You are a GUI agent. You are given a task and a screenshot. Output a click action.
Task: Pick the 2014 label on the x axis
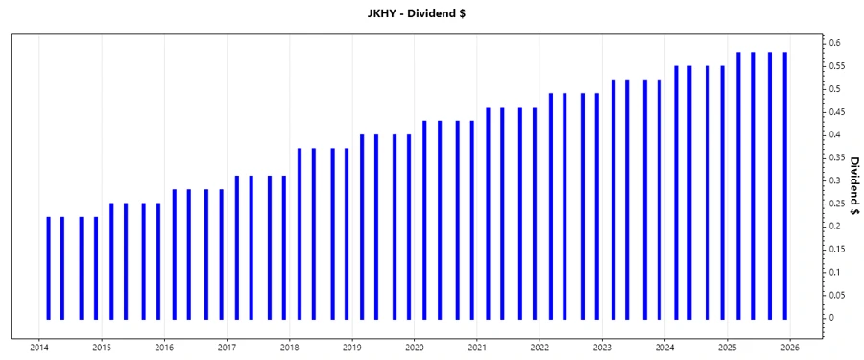pos(39,348)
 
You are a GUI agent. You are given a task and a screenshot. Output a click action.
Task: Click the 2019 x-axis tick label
pos(352,348)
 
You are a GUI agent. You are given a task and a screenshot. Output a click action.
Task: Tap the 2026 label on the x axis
pos(790,348)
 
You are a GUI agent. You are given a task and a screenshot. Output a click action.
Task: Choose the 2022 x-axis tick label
pos(540,348)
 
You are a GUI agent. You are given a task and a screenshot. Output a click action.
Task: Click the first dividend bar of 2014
pos(48,268)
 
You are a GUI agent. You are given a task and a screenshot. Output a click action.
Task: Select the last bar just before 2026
pos(785,185)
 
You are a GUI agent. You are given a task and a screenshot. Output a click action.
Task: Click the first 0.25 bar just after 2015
pos(111,261)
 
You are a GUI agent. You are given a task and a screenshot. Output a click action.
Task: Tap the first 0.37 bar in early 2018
pos(300,233)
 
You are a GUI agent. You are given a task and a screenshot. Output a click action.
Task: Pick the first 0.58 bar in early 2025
pos(738,185)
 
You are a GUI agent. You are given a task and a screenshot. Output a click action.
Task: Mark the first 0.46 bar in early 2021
pos(488,212)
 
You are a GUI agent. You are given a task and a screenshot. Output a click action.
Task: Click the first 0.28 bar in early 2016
pos(175,253)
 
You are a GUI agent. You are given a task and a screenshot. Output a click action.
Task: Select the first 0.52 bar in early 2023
pos(613,199)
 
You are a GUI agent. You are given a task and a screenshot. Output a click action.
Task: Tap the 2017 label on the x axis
pos(228,348)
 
